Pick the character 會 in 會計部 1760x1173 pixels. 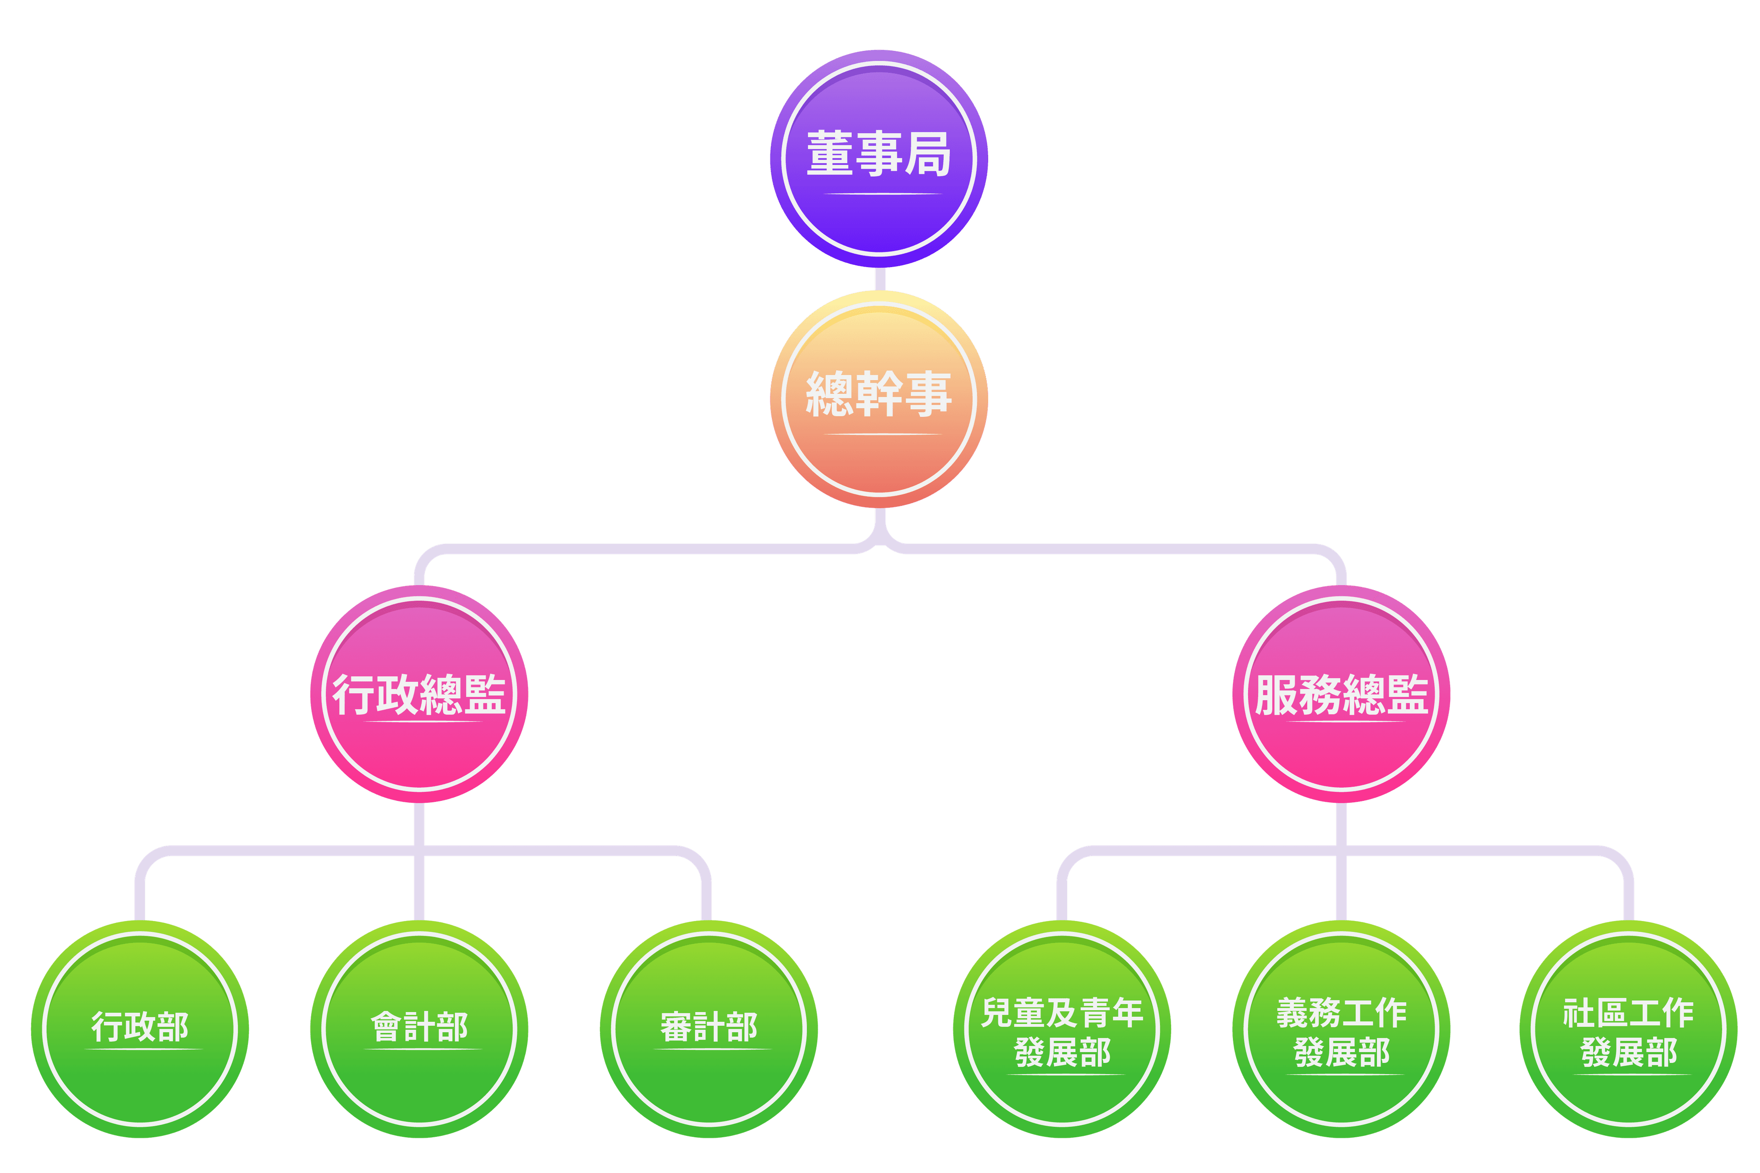(x=387, y=1027)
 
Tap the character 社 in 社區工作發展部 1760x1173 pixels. (x=1579, y=1013)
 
